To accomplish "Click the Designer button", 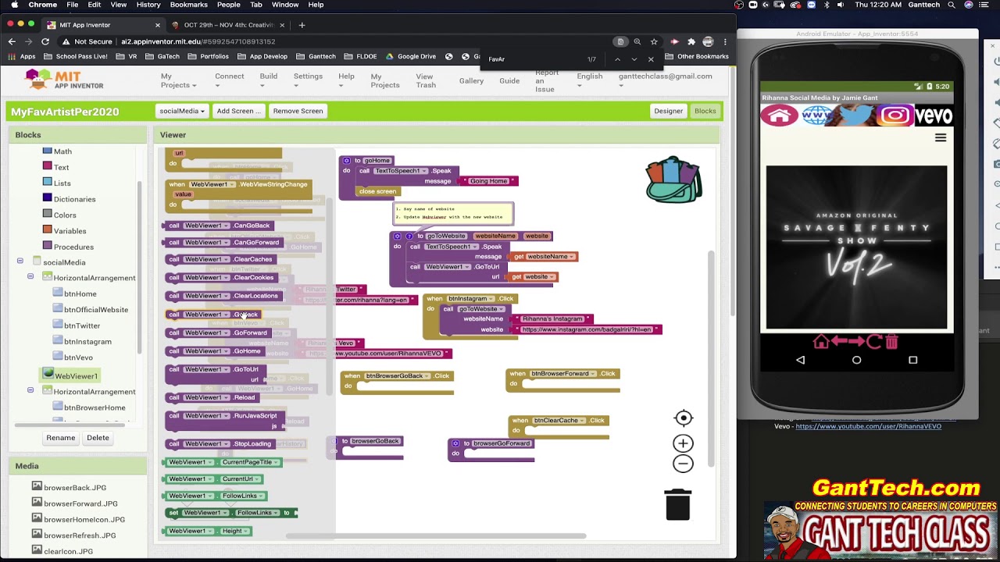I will [x=668, y=111].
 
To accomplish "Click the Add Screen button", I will [x=238, y=111].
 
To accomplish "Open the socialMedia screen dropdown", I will [x=182, y=111].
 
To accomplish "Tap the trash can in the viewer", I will [x=677, y=504].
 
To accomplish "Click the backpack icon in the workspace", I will [x=673, y=180].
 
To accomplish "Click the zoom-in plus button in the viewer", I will [x=683, y=443].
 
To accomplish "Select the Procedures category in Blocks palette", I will [x=73, y=247].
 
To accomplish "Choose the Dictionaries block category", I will [x=74, y=199].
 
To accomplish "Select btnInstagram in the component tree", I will [x=87, y=342].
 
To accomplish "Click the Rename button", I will [x=60, y=438].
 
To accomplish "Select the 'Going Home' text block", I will [x=488, y=181].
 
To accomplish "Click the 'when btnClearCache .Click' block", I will [x=558, y=421].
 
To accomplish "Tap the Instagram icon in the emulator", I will [x=895, y=116].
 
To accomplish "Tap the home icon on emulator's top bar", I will [x=780, y=116].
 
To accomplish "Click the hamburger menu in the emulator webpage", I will [x=941, y=137].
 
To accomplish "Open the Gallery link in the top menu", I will [x=471, y=80].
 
